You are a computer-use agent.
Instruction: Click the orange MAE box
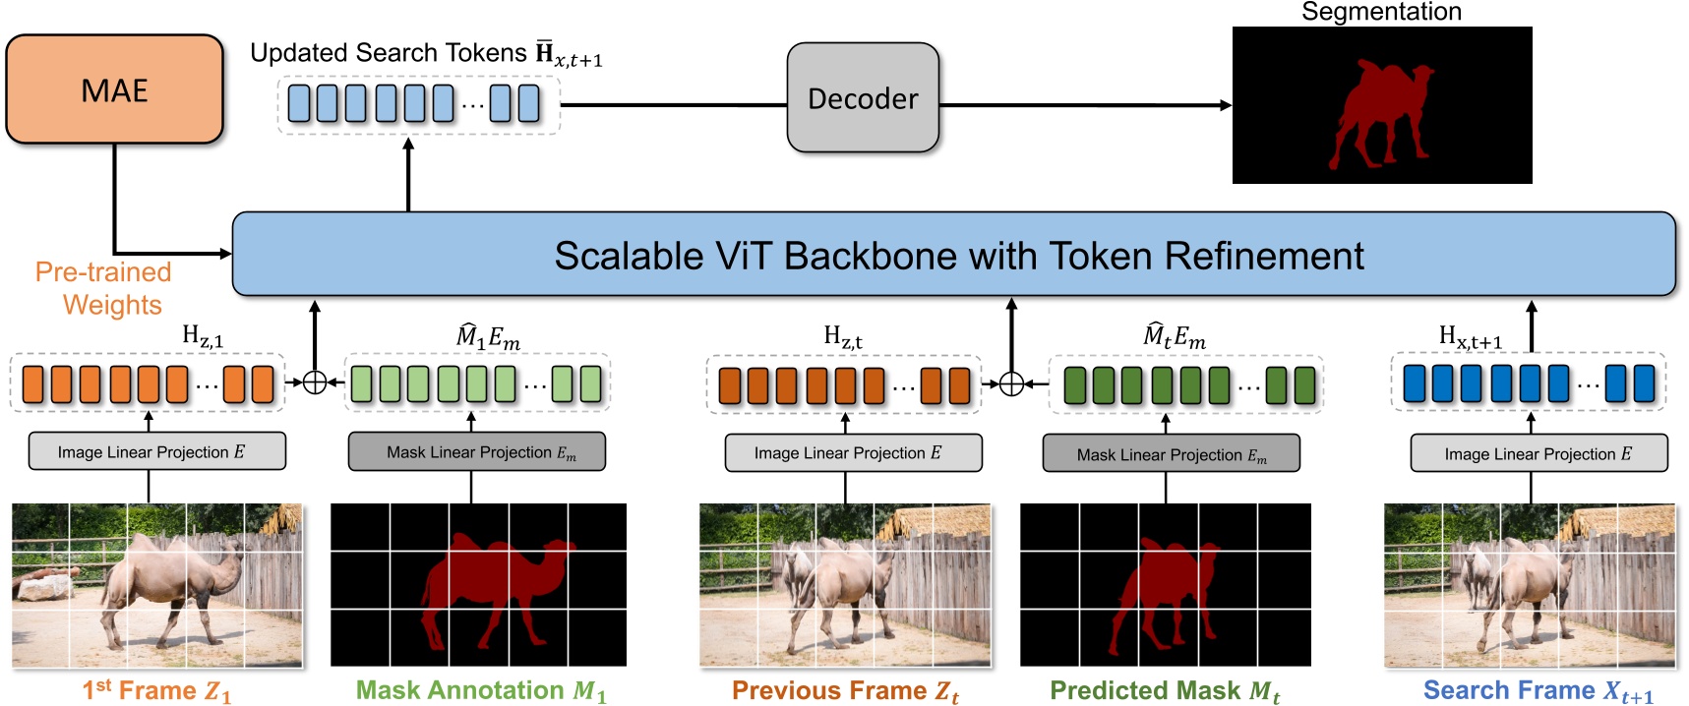point(114,89)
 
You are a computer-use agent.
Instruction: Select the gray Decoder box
point(863,97)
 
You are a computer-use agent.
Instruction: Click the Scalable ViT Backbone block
point(953,255)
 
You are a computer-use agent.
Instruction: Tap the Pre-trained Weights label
point(104,288)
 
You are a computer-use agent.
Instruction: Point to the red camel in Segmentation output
point(1377,108)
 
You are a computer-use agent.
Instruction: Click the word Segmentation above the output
point(1380,12)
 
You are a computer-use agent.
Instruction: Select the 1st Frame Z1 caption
point(156,690)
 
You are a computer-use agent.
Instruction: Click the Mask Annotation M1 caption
point(480,690)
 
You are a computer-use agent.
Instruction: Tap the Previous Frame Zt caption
point(845,690)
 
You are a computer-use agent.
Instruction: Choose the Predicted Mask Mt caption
point(1165,690)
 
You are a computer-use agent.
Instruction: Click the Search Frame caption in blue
point(1538,690)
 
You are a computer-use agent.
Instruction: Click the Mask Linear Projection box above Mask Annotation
point(477,452)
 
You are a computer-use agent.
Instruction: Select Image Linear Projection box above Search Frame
point(1538,453)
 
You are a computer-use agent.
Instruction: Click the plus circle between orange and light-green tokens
point(315,382)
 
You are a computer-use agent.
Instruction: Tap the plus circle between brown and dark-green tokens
point(1011,383)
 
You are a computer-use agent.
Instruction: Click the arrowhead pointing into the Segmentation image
point(1226,105)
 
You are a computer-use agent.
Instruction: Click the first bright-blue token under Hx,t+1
point(1414,383)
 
